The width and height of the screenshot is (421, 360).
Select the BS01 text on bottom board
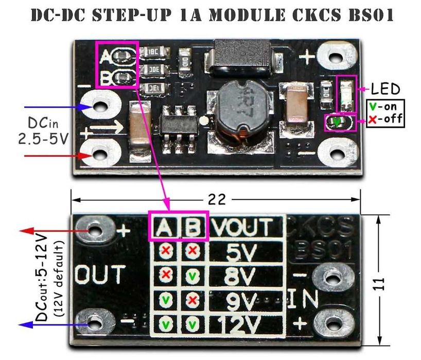coord(322,251)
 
